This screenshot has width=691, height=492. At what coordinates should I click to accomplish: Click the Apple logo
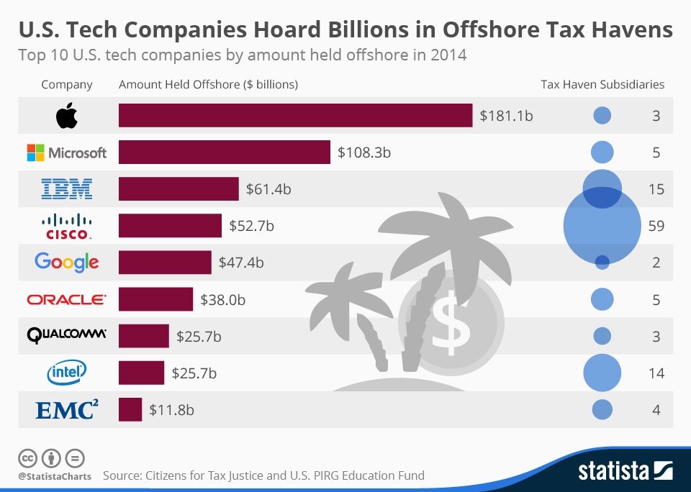(x=66, y=115)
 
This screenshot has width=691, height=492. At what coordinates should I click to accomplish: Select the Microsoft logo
(x=66, y=152)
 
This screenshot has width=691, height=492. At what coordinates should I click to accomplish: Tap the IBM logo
(x=66, y=190)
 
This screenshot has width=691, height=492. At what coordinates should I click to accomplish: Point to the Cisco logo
(x=66, y=227)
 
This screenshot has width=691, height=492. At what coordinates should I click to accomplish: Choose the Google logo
(x=66, y=263)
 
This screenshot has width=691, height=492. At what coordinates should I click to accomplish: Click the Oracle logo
(x=66, y=299)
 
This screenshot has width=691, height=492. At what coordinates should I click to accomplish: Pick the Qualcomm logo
(x=66, y=334)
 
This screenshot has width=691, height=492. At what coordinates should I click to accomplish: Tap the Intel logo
(x=66, y=372)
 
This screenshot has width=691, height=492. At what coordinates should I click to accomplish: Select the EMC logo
(x=66, y=410)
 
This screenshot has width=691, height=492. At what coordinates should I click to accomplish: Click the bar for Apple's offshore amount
(x=295, y=115)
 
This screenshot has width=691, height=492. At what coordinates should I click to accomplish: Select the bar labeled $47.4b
(x=165, y=263)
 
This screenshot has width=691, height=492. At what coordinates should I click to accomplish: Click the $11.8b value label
(x=171, y=410)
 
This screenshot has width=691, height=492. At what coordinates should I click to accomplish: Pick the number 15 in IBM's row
(x=656, y=190)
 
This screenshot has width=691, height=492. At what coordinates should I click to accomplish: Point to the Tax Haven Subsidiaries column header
(x=602, y=84)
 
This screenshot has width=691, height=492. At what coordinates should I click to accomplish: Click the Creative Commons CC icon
(x=28, y=457)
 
